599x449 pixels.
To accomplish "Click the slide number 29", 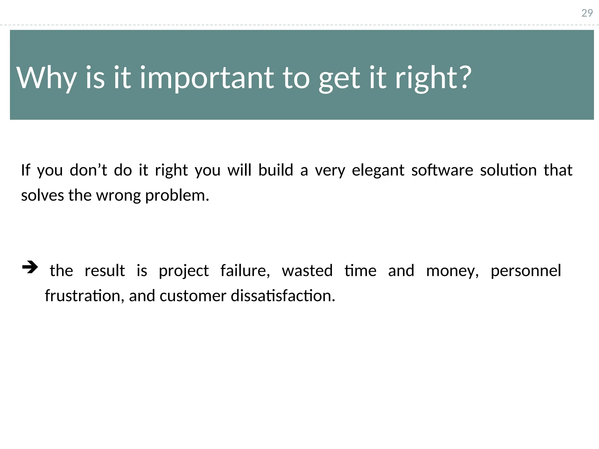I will tap(587, 13).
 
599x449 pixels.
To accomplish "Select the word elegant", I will tap(378, 170).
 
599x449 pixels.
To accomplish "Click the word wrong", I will tap(118, 196).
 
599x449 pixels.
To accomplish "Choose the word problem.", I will tap(177, 196).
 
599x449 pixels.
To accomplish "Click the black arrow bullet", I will tap(30, 267).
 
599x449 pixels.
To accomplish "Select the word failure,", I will tap(245, 270).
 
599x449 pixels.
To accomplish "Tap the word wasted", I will tap(307, 270).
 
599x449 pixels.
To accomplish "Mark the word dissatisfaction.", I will tap(283, 296).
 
